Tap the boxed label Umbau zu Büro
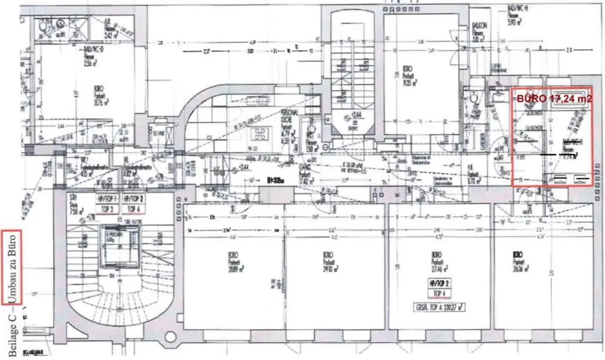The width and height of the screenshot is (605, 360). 13,267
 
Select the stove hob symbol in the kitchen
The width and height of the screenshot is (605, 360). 259,133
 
